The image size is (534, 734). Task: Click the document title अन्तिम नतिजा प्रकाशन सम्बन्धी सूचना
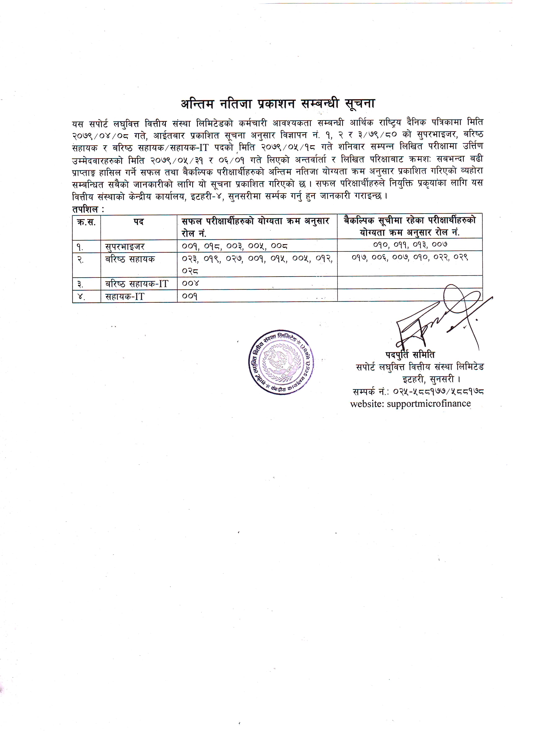point(277,104)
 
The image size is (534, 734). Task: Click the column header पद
point(139,222)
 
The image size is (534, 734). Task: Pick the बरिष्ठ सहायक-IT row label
point(137,284)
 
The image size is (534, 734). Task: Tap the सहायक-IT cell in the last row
point(125,296)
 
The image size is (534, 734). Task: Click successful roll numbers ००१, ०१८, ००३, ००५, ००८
point(235,246)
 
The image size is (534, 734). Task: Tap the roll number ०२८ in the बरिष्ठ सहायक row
point(190,271)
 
